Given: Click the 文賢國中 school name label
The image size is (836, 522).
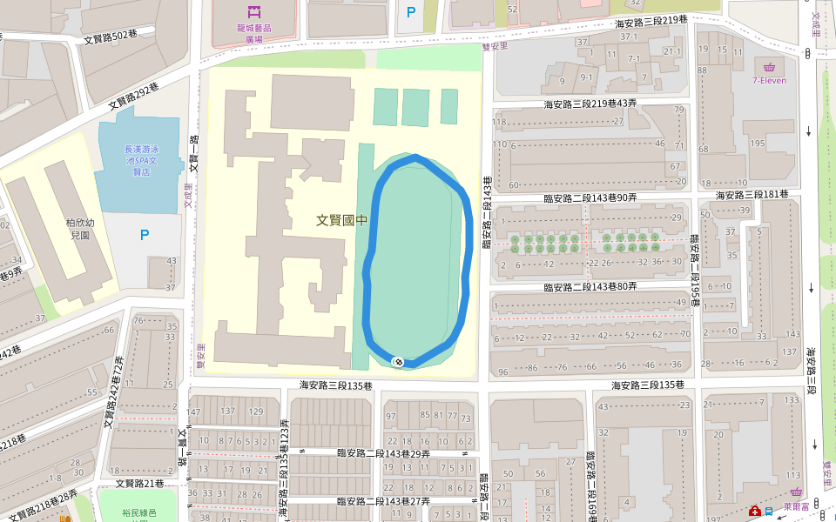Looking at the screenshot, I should (341, 221).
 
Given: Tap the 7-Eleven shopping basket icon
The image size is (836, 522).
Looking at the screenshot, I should (769, 67).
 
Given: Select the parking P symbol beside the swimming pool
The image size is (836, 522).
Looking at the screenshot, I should (145, 235).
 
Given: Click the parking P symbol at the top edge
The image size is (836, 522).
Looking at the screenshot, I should (411, 12).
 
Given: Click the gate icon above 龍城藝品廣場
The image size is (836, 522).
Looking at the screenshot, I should (254, 11).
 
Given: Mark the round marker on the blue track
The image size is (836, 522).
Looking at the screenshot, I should (398, 361).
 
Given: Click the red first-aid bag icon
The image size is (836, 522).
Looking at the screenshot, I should (756, 511).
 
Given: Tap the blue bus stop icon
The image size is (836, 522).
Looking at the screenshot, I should (768, 512).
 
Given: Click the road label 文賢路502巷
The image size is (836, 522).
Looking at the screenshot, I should (111, 37).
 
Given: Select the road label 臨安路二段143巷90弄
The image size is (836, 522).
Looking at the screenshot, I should (590, 198).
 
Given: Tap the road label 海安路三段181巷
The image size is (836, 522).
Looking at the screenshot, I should (752, 194).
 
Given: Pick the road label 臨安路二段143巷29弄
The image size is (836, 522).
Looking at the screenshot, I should (383, 452).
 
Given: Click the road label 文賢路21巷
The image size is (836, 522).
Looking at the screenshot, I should (140, 483).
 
